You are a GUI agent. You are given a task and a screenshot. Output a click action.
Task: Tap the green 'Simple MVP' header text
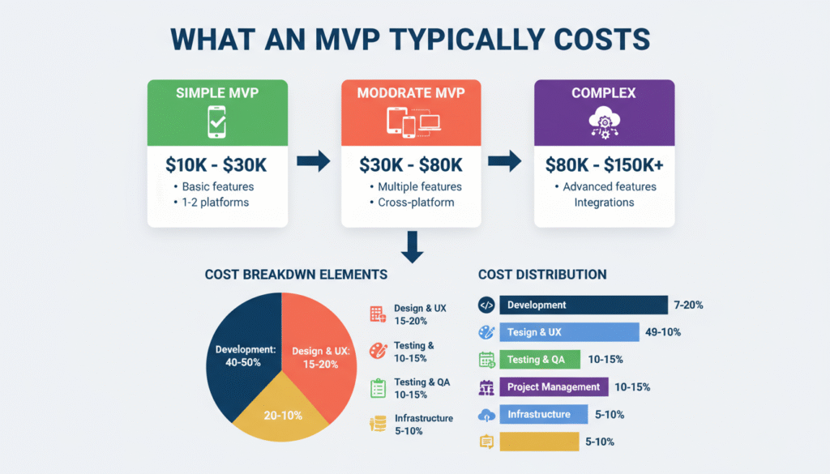coord(216,93)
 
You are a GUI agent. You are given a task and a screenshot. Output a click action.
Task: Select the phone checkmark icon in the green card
coord(216,122)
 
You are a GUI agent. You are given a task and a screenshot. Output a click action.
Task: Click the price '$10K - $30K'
coord(216,165)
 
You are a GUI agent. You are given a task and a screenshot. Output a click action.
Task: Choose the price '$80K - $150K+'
coord(604,165)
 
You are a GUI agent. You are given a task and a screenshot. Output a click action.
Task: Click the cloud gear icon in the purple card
coord(604,122)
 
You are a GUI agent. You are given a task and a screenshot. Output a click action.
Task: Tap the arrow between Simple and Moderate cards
coord(314,162)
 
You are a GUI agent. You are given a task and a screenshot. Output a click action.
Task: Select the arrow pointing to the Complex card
coord(507,162)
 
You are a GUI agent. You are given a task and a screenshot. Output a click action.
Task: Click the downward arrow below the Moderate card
coord(411,246)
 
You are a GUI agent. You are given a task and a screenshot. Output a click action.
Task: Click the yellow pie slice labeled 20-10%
coord(280,413)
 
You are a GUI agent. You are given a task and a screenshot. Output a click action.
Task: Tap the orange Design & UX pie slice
coord(320,357)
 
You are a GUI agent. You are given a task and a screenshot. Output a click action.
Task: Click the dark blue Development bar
coord(584,305)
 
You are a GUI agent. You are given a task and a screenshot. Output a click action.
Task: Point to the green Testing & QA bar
coord(540,359)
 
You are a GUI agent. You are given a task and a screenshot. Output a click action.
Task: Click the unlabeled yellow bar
coord(539,442)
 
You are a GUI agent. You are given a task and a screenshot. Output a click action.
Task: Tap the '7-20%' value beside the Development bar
coord(688,305)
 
